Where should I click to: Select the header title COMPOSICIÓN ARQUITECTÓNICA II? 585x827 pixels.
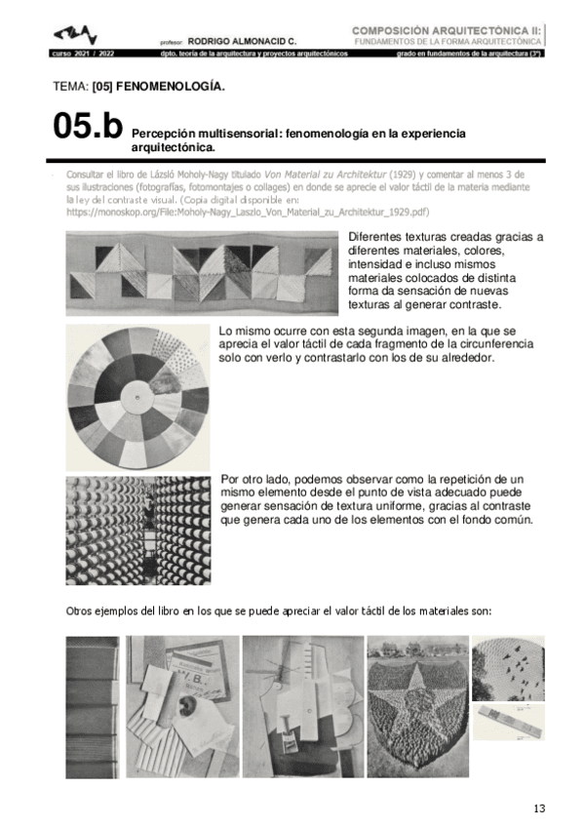click(445, 30)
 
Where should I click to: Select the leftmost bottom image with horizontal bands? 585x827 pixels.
click(93, 706)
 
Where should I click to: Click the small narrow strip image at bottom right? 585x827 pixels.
click(507, 722)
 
